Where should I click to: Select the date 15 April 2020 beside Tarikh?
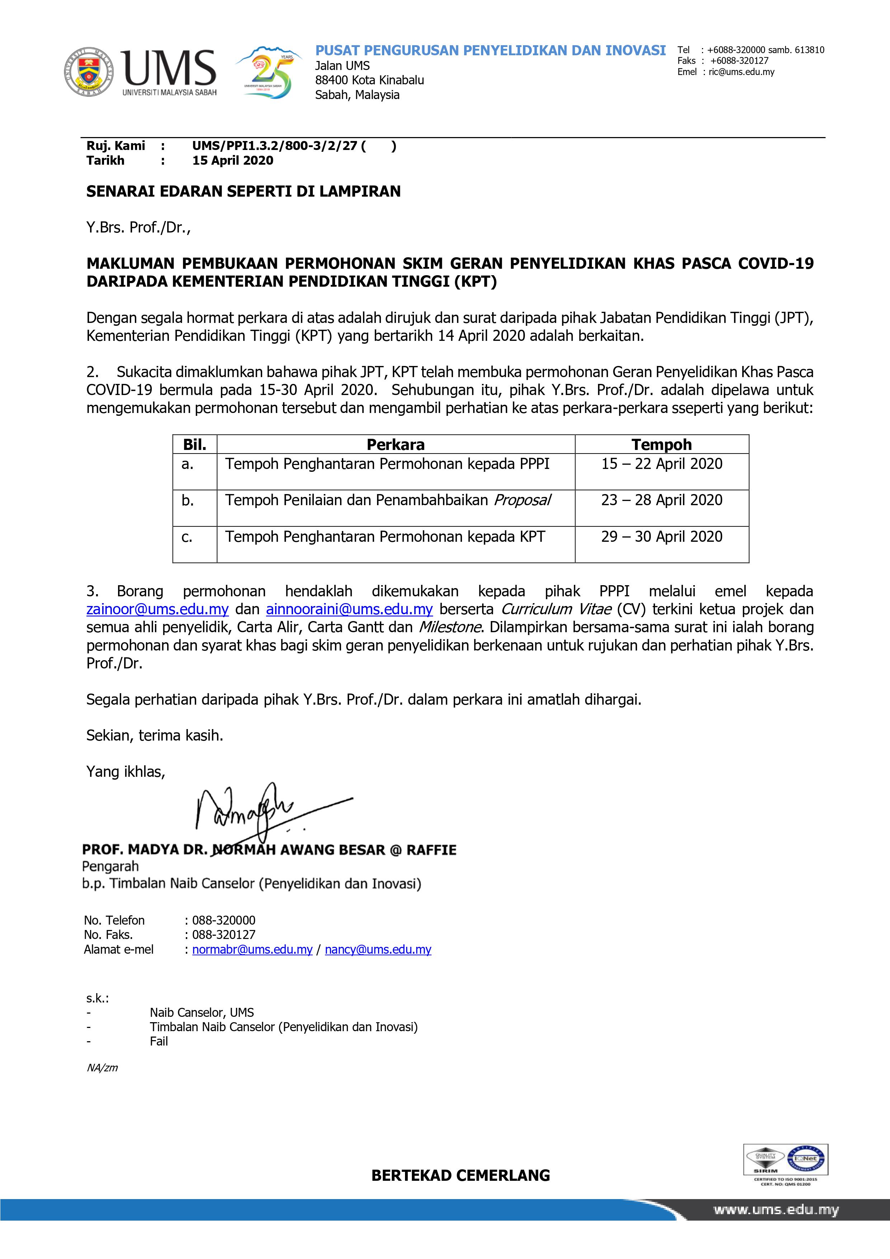pos(232,161)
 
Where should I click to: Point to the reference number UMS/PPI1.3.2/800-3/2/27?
pos(275,146)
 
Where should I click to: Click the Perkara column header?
pos(395,444)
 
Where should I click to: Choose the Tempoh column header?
pos(661,444)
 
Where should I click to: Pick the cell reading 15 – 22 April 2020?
pos(661,464)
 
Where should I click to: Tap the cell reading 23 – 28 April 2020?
pos(661,500)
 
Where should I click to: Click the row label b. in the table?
pos(188,501)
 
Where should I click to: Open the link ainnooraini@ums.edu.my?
pos(349,609)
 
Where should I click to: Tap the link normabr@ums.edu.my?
pos(252,950)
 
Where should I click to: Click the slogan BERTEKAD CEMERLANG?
pos(461,1175)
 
